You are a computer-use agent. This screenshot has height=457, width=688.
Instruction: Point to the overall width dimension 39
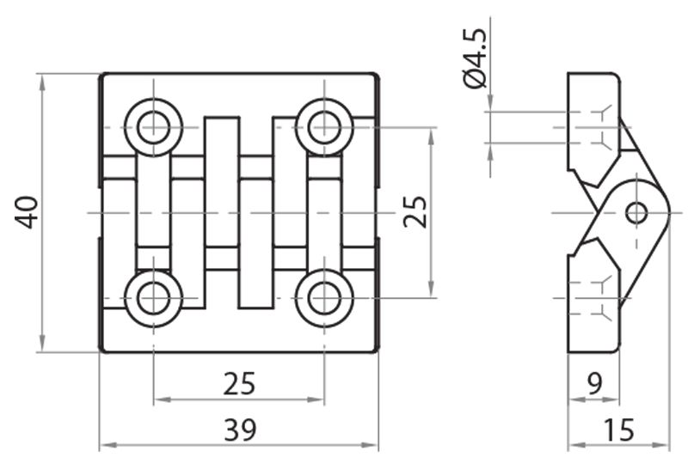239,428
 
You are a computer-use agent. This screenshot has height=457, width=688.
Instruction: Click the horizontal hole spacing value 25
239,383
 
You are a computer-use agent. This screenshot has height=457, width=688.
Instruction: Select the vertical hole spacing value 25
415,212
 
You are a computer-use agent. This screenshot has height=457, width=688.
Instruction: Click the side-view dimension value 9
594,383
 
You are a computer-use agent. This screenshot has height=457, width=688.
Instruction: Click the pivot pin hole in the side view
636,211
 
